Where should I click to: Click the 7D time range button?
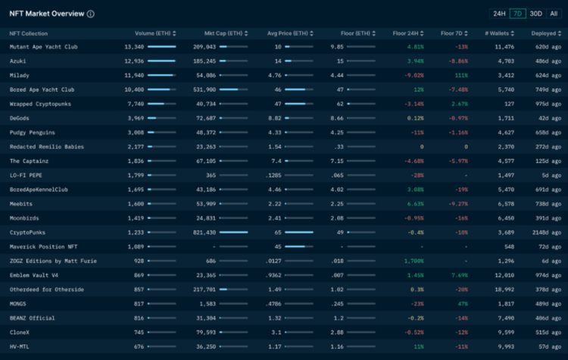point(517,14)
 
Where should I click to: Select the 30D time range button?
point(535,14)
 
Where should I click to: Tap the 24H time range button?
point(499,14)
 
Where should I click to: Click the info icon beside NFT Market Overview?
point(91,14)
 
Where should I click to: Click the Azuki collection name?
point(18,60)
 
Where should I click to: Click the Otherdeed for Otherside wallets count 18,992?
point(503,289)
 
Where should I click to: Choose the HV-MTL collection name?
point(20,346)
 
